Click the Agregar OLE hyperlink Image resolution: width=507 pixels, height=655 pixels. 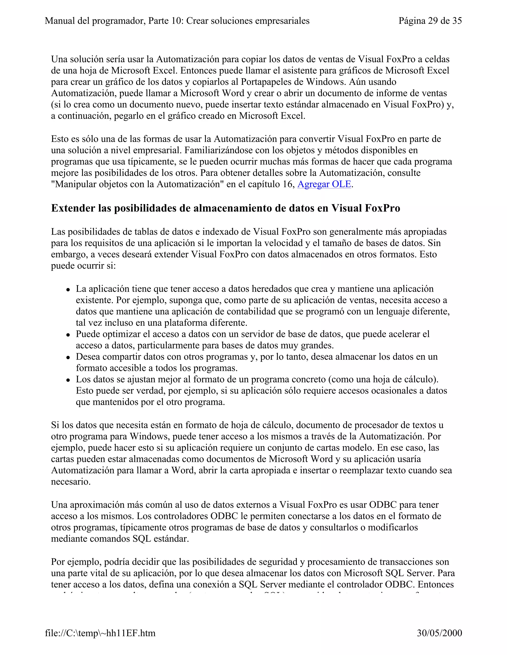click(324, 184)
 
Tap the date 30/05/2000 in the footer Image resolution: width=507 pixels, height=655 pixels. click(439, 633)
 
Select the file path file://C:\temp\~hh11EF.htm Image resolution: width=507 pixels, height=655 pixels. click(100, 633)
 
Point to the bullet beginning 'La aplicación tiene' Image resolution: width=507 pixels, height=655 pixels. click(69, 290)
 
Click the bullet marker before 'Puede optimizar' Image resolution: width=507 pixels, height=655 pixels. click(69, 335)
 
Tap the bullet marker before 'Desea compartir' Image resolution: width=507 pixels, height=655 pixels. click(69, 357)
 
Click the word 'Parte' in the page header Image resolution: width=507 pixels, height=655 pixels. click(159, 21)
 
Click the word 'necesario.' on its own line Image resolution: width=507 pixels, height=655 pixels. click(71, 482)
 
